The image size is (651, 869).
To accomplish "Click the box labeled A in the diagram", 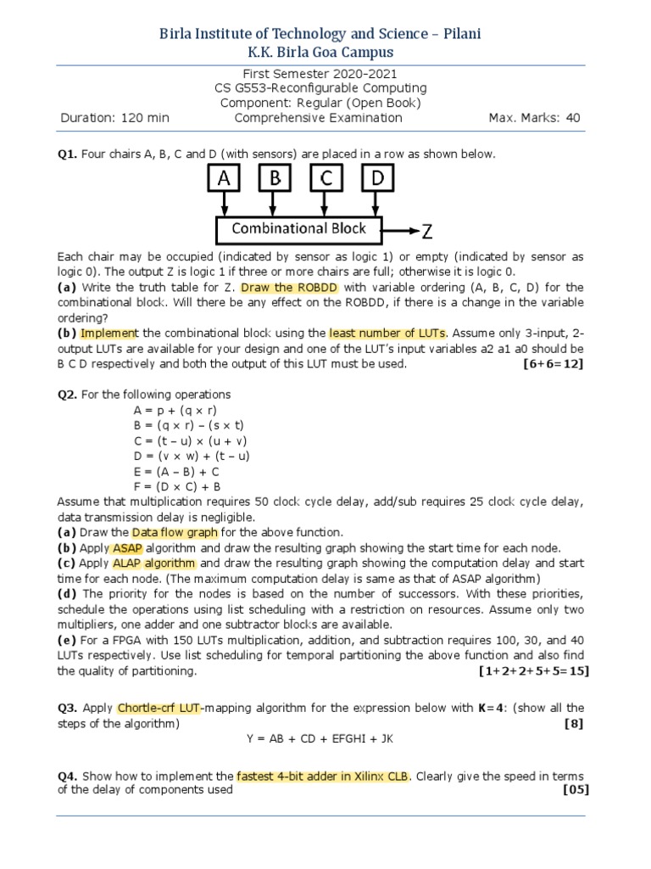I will coord(224,179).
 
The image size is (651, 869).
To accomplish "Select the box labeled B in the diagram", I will coord(275,179).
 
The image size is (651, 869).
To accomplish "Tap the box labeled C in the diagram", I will coord(327,179).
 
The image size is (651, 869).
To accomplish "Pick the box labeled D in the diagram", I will coord(378,179).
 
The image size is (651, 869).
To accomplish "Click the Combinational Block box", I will coord(299,228).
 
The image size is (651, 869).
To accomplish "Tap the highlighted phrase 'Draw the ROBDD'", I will coord(289,288).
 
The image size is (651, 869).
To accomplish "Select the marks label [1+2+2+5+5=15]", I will coord(534,670).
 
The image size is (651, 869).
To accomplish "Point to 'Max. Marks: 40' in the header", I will coord(534,118).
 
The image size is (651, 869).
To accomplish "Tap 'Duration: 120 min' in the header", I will coord(115,118).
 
